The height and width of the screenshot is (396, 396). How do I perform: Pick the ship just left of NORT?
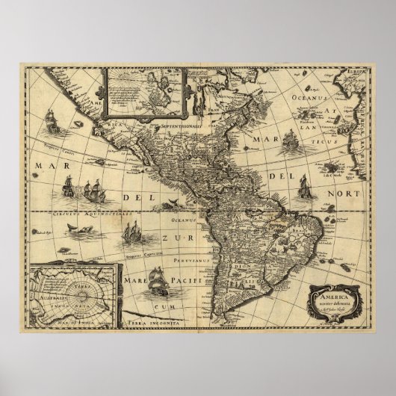304,187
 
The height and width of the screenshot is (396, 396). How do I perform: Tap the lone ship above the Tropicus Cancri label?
53,121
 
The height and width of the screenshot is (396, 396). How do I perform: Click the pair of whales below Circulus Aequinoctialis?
62,234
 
